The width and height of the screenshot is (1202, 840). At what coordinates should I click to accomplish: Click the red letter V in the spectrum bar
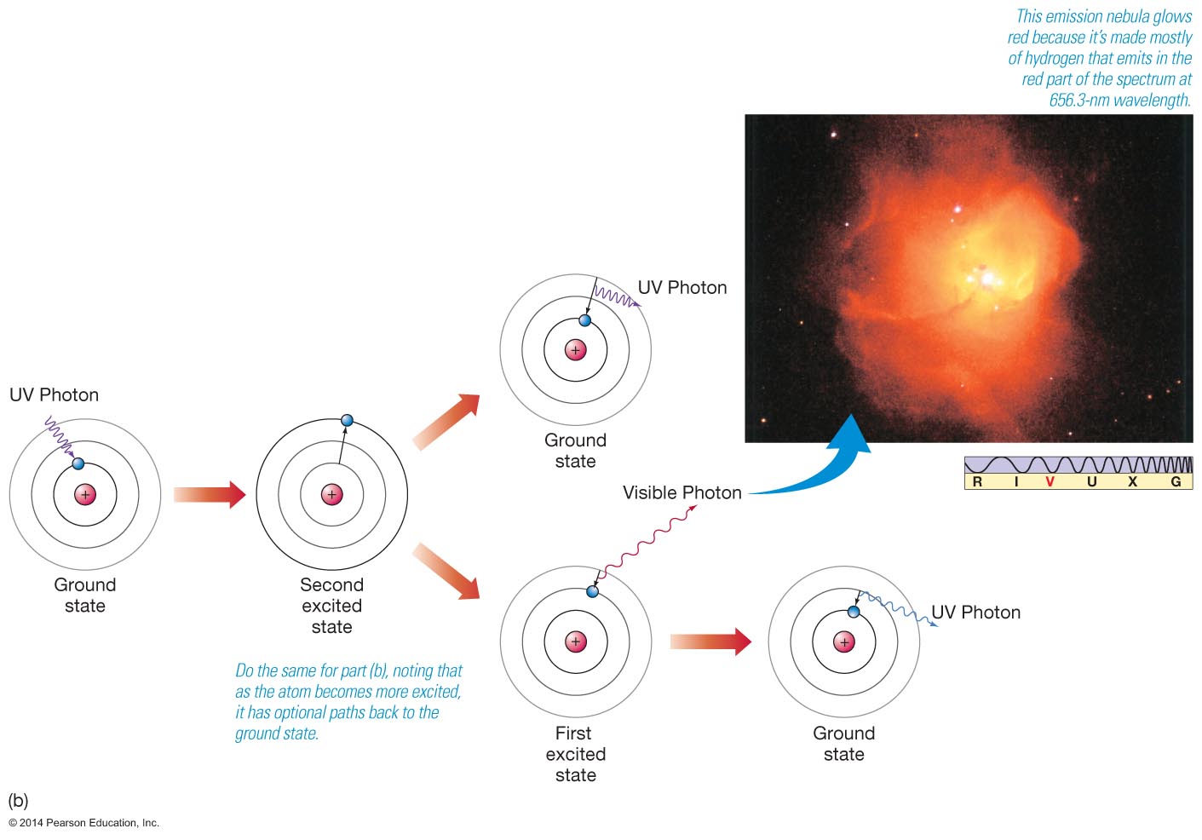pyautogui.click(x=1050, y=481)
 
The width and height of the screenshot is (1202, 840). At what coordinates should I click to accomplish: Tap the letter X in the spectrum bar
pyautogui.click(x=1132, y=481)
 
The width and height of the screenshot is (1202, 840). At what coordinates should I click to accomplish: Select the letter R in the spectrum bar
pyautogui.click(x=977, y=481)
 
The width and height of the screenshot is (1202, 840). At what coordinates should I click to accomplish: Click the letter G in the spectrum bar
pyautogui.click(x=1176, y=481)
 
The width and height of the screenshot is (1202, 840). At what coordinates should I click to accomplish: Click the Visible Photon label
pyautogui.click(x=682, y=492)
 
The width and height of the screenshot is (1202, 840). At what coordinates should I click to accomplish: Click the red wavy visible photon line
pyautogui.click(x=647, y=542)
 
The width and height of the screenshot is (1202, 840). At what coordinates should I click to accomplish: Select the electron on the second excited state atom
pyautogui.click(x=348, y=420)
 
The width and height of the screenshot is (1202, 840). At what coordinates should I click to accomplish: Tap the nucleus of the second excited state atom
pyautogui.click(x=331, y=494)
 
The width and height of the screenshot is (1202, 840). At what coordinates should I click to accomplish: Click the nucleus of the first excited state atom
pyautogui.click(x=576, y=642)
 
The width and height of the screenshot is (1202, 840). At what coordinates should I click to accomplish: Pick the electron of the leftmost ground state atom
pyautogui.click(x=78, y=463)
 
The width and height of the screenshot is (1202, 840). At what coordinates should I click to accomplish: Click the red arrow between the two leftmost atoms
pyautogui.click(x=210, y=494)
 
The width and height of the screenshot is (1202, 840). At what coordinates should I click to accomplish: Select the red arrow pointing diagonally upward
pyautogui.click(x=446, y=422)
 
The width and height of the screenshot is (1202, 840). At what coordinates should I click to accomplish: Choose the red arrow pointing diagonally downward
pyautogui.click(x=446, y=571)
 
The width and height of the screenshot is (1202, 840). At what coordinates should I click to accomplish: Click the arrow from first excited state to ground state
pyautogui.click(x=710, y=642)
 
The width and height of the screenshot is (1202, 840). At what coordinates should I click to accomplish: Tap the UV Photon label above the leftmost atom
pyautogui.click(x=54, y=394)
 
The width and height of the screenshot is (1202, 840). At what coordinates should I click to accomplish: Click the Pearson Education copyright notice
pyautogui.click(x=83, y=823)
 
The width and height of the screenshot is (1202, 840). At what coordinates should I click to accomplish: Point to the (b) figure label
pyautogui.click(x=18, y=800)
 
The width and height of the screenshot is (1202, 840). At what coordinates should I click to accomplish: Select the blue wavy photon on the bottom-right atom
pyautogui.click(x=899, y=608)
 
